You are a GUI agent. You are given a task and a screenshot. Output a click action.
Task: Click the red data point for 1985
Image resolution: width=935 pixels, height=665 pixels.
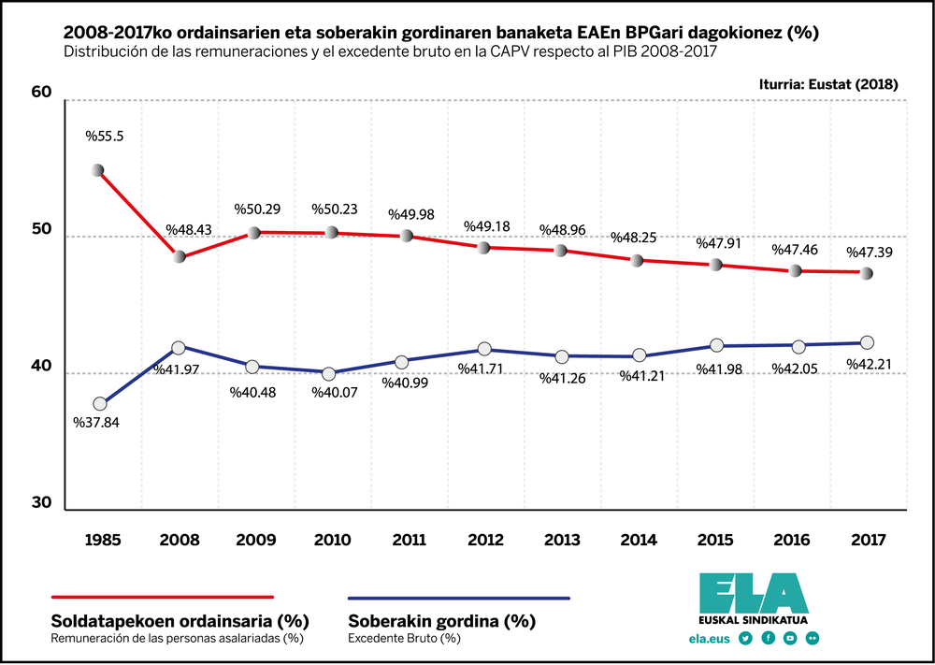click(97, 170)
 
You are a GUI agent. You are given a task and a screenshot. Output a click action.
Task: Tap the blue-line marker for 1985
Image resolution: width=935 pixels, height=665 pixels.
click(100, 404)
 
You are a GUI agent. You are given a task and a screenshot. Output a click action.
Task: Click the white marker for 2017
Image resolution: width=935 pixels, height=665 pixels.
click(867, 342)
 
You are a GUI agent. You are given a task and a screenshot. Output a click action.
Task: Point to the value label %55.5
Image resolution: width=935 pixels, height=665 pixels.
click(105, 137)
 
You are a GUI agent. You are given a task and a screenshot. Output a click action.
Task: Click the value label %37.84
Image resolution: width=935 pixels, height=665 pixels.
click(96, 422)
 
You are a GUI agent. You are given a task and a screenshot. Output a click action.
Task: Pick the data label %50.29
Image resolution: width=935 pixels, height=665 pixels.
click(257, 209)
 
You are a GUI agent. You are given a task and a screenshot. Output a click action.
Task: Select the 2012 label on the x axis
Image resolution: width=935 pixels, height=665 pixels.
click(484, 541)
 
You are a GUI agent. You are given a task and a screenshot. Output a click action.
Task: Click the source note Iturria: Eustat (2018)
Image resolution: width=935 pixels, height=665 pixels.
click(828, 84)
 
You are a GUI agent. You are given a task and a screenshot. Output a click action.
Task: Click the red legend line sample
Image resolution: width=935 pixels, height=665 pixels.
click(161, 596)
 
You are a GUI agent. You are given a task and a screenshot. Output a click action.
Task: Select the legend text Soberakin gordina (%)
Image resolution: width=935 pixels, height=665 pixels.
click(441, 620)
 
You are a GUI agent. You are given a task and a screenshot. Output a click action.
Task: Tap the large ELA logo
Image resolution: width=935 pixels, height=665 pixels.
click(753, 591)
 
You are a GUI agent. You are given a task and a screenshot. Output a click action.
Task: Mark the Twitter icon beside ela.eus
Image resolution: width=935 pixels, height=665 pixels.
click(745, 638)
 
